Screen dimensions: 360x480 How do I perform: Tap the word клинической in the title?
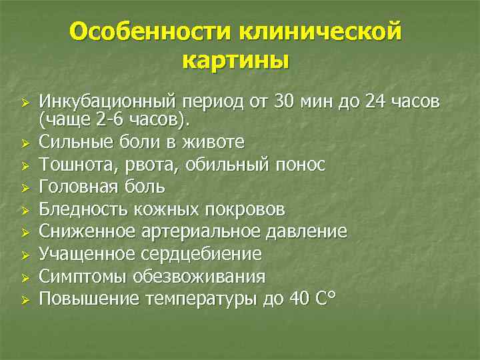click(x=315, y=31)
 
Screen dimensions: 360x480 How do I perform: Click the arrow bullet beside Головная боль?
click(x=24, y=187)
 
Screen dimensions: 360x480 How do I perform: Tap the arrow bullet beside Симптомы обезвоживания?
click(x=24, y=277)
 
